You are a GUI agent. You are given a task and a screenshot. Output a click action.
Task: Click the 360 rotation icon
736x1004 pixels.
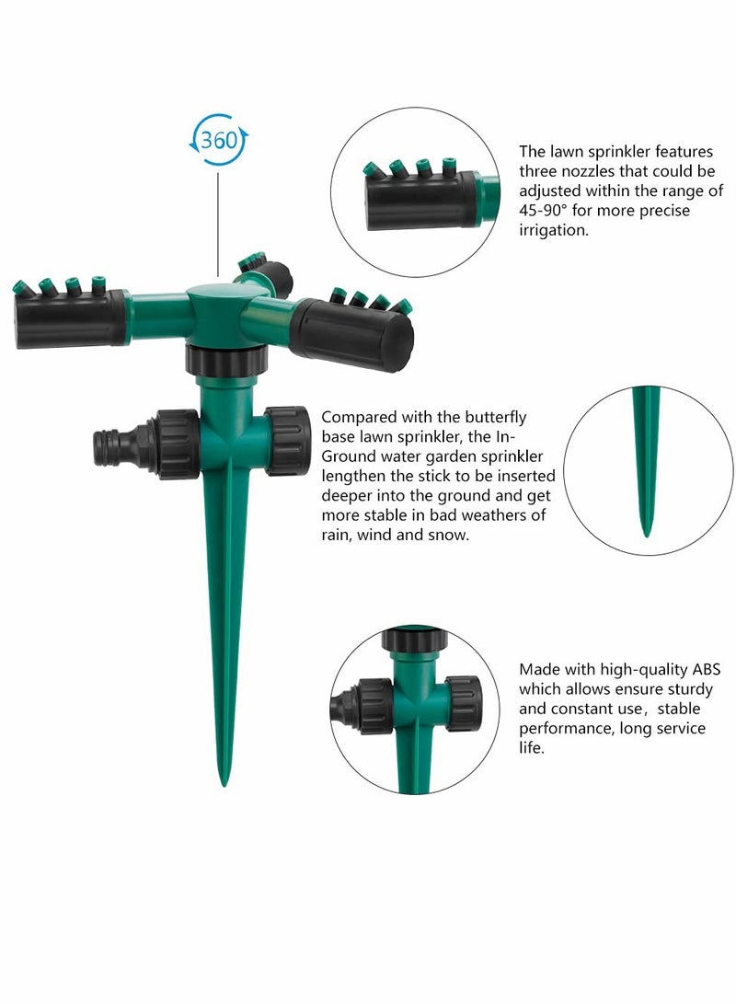click(x=219, y=141)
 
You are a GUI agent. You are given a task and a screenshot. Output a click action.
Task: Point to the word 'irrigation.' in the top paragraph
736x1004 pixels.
click(x=553, y=231)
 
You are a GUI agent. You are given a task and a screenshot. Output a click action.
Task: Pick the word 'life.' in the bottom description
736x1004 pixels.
click(x=532, y=749)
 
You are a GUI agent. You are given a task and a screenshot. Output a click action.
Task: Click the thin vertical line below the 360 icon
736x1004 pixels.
click(x=219, y=221)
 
